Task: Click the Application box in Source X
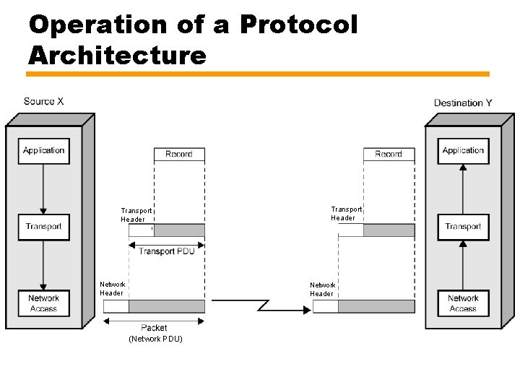click(43, 151)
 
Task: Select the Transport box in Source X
click(43, 227)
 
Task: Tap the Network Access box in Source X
click(43, 303)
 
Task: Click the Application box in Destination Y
click(463, 151)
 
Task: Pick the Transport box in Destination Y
click(463, 227)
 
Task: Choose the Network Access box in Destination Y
click(463, 303)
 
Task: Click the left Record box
click(179, 154)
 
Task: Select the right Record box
click(389, 154)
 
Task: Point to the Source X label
click(43, 101)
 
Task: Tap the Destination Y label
click(463, 103)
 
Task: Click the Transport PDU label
click(166, 251)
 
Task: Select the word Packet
click(154, 328)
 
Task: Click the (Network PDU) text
click(155, 339)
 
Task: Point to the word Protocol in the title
click(298, 25)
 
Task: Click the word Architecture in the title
click(118, 55)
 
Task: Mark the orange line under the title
click(259, 74)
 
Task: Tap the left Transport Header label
click(136, 214)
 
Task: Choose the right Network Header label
click(322, 289)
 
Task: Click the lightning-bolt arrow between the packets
click(285, 307)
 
